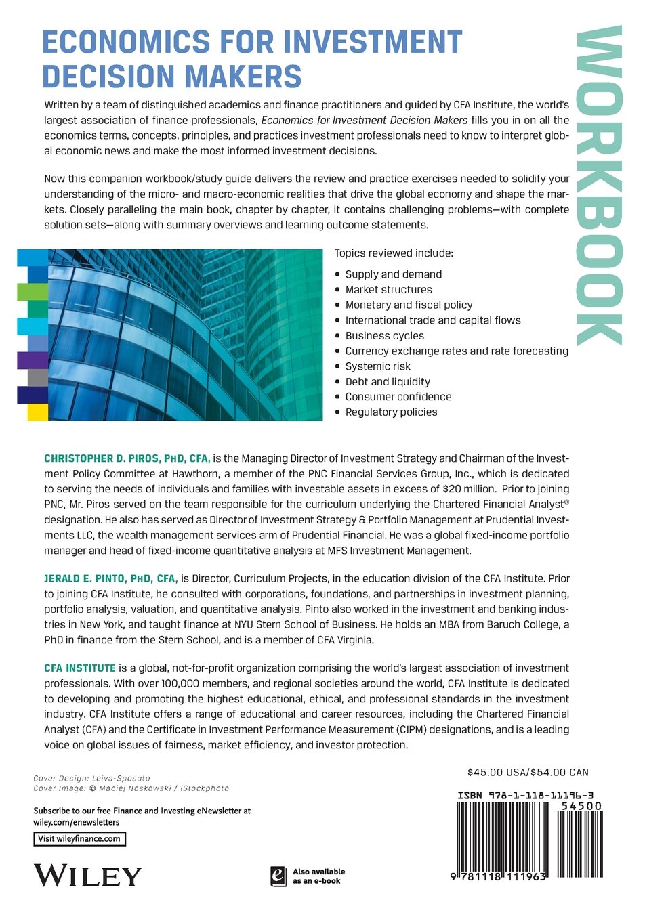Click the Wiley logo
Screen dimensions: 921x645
[88, 876]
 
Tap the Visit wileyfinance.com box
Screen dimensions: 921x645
[80, 838]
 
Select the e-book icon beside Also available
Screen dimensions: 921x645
[277, 876]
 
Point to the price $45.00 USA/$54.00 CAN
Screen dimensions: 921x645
[528, 772]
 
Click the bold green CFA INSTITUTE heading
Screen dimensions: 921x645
[80, 668]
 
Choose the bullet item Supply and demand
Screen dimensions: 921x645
[393, 274]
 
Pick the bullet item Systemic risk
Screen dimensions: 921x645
[377, 366]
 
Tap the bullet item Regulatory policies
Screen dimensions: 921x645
[391, 412]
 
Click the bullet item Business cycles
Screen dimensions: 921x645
[384, 336]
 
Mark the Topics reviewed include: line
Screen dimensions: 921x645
[394, 253]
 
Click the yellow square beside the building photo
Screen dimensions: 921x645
[37, 412]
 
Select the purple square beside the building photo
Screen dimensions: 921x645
[32, 360]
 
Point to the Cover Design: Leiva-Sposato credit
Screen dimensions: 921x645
[91, 779]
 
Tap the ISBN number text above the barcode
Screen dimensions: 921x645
[529, 796]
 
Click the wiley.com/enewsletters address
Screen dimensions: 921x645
[76, 822]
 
